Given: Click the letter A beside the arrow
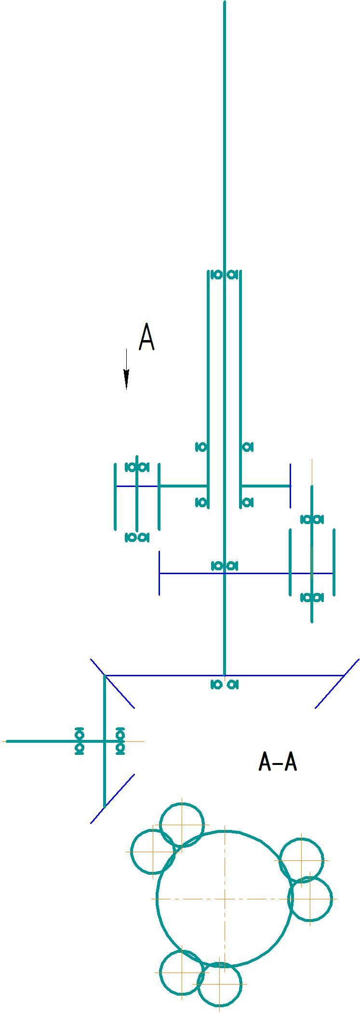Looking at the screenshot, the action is [147, 337].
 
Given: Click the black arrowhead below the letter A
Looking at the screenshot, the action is [126, 379].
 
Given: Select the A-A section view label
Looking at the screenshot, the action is [278, 762].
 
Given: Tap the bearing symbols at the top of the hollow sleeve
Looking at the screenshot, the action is [225, 275].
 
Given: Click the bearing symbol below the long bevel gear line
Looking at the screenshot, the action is [225, 684].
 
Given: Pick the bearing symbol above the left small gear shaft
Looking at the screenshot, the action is [137, 467].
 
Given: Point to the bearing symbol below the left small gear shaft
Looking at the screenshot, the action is [137, 537].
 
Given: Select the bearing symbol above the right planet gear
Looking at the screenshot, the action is [312, 519].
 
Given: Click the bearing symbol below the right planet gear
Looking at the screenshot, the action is [312, 597].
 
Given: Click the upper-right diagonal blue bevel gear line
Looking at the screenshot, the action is [337, 684].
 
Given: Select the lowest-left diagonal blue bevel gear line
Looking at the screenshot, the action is [112, 798].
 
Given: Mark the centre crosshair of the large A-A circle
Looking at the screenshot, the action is [225, 899].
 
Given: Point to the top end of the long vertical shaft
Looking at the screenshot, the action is [225, 2].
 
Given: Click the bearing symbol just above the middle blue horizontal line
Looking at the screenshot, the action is [225, 566].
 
